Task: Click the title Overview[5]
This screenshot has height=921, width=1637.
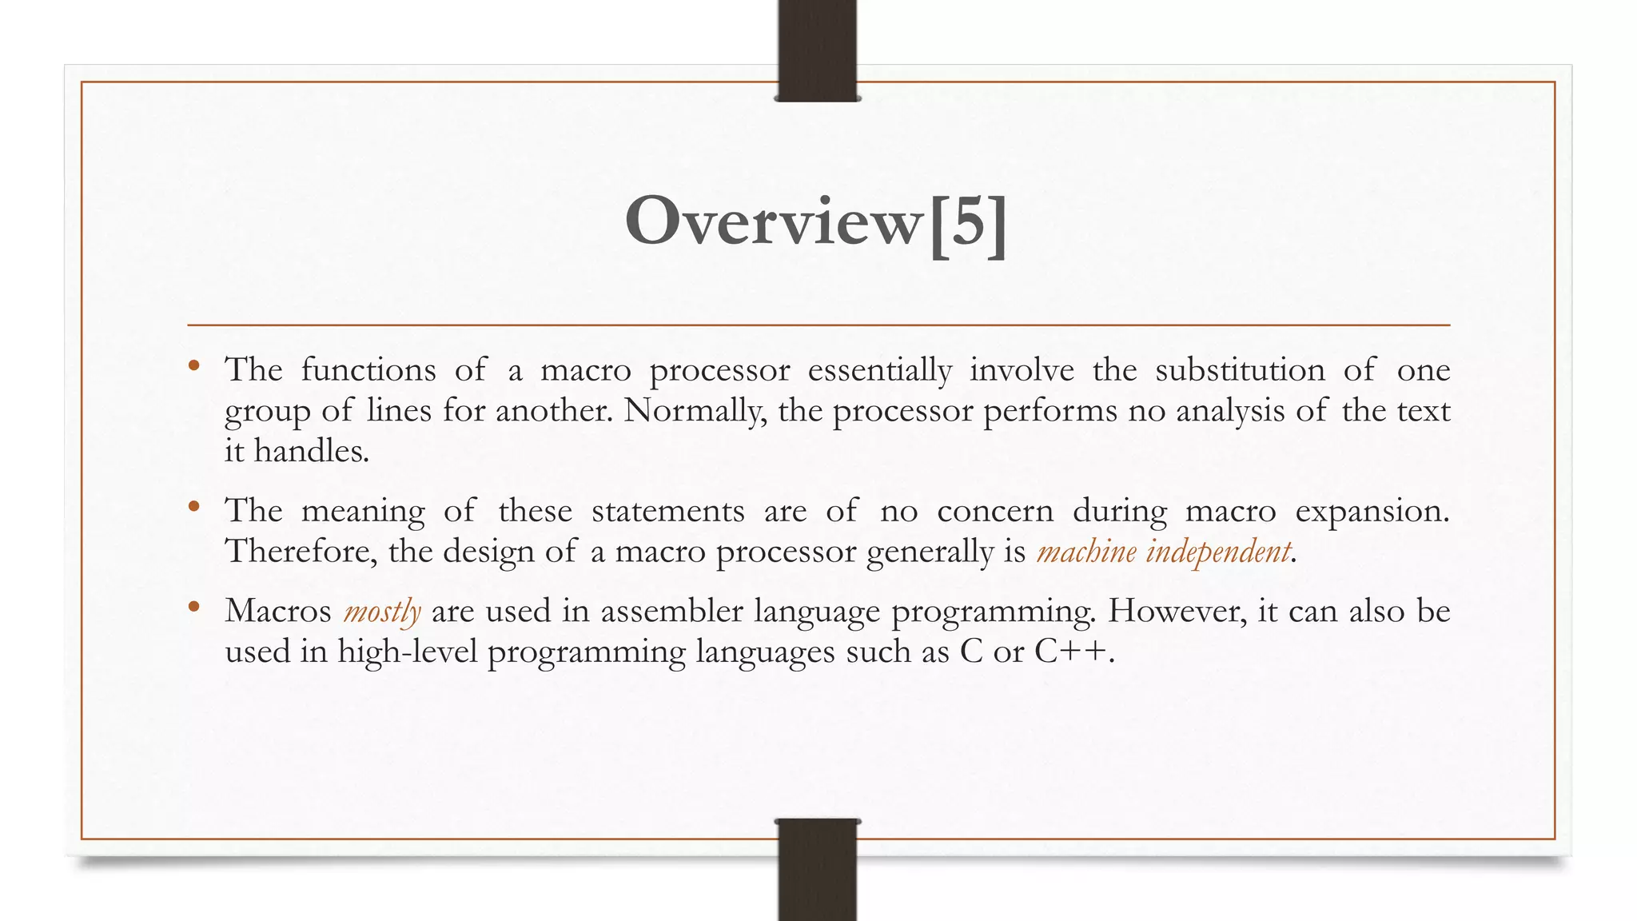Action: [x=816, y=222]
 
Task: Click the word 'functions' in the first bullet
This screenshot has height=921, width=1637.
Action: [x=368, y=370]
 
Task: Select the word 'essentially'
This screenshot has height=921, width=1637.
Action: [x=879, y=370]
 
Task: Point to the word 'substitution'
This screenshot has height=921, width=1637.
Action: [x=1240, y=370]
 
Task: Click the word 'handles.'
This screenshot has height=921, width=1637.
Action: [x=312, y=452]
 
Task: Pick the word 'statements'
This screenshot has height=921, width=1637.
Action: [x=667, y=511]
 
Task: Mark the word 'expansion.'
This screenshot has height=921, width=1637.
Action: [x=1372, y=511]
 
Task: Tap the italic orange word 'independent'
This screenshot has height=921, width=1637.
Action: [x=1218, y=552]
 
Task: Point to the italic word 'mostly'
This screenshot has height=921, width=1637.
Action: [x=382, y=612]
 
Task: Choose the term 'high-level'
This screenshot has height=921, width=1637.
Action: [x=407, y=652]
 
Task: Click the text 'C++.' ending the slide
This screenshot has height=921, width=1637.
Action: [x=1073, y=652]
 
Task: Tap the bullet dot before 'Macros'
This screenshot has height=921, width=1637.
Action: [x=193, y=607]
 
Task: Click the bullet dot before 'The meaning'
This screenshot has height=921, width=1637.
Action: [x=193, y=506]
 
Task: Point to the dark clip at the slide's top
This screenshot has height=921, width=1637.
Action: [x=817, y=50]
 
